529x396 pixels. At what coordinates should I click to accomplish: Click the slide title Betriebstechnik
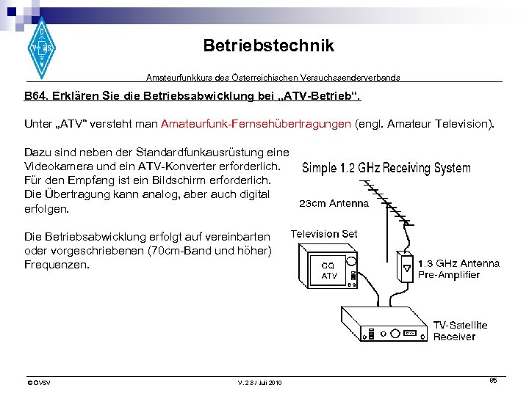point(268,45)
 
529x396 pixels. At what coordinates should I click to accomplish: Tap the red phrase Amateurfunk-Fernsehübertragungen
point(256,125)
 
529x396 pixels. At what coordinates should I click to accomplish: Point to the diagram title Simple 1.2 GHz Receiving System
point(386,168)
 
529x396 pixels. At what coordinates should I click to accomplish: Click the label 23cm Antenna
point(334,203)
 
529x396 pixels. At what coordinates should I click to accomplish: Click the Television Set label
point(324,234)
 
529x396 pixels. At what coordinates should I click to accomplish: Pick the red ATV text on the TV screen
point(329,276)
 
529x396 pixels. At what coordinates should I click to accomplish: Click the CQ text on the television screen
point(328,265)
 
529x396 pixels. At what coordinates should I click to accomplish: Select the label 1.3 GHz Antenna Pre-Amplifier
point(458,268)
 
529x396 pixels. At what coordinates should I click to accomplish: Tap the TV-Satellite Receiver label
point(460,331)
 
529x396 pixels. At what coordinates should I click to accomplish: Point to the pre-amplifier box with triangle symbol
point(406,268)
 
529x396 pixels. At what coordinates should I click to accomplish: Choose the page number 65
point(494,380)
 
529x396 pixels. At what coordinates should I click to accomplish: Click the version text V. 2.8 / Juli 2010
point(260,383)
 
